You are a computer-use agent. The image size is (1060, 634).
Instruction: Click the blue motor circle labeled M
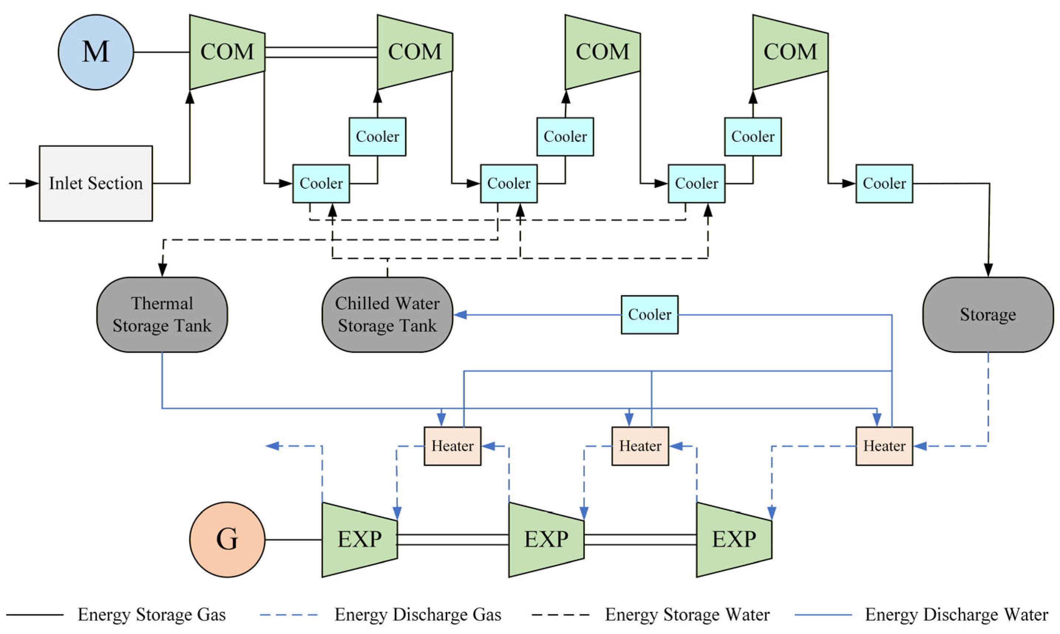click(x=96, y=52)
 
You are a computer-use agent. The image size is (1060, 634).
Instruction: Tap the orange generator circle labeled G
click(x=227, y=539)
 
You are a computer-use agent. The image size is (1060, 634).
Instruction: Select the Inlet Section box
click(x=96, y=183)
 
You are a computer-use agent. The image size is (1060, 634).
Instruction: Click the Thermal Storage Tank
click(x=162, y=315)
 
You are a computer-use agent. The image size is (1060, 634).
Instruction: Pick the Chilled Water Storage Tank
click(x=387, y=315)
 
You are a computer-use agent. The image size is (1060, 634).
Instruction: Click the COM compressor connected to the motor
click(x=227, y=52)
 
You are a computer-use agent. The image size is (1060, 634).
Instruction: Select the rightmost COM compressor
click(x=790, y=52)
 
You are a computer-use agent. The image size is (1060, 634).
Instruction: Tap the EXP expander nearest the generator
click(x=359, y=539)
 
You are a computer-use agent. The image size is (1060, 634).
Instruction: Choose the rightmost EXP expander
click(x=734, y=539)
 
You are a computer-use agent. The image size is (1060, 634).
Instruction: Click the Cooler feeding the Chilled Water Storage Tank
click(x=649, y=315)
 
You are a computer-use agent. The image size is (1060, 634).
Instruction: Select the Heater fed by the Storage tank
click(x=884, y=446)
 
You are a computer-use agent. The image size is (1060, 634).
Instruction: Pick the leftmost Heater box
click(x=452, y=446)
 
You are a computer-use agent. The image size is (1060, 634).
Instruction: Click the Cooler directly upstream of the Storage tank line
click(x=884, y=183)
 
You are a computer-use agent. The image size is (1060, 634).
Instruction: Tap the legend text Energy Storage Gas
click(x=151, y=615)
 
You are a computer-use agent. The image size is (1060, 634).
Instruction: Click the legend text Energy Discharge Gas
click(x=417, y=615)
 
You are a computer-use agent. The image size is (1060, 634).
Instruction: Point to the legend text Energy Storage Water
click(x=687, y=615)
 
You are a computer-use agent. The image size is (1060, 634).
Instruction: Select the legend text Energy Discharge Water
click(x=956, y=615)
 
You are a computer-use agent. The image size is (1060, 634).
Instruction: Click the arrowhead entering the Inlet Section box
click(x=32, y=183)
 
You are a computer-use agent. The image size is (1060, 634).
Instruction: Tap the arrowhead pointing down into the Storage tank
click(x=988, y=270)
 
